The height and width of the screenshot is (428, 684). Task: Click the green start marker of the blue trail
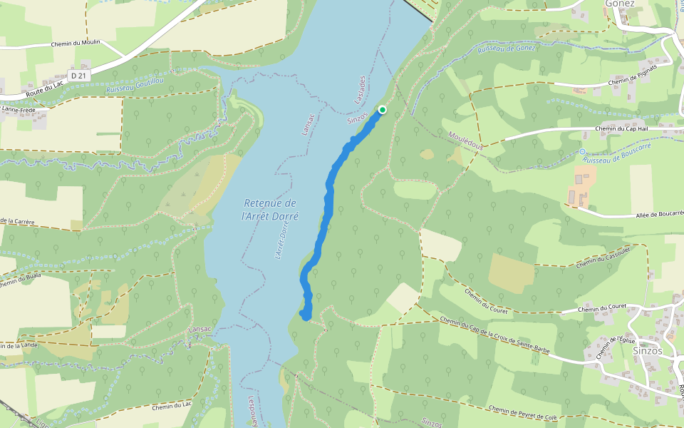[383, 109]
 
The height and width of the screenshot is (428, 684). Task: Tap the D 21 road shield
[78, 76]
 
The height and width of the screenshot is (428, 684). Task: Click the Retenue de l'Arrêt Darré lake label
[269, 209]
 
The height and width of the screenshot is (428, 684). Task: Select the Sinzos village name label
[648, 350]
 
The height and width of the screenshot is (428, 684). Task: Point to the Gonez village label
[619, 4]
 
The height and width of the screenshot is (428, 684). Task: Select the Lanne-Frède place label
[19, 109]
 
